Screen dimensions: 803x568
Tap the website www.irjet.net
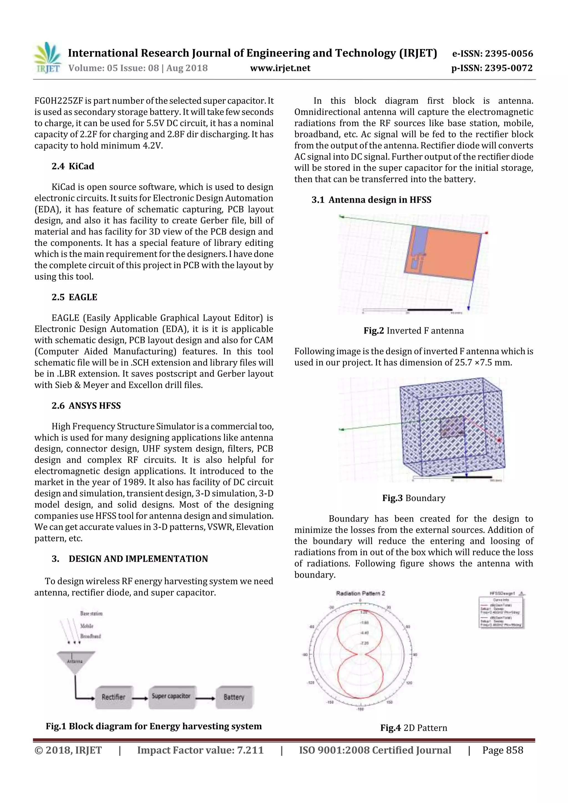pos(280,68)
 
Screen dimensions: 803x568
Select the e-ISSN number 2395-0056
pos(508,53)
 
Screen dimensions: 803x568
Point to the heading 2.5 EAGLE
pos(74,297)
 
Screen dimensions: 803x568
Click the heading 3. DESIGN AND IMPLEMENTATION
pos(130,559)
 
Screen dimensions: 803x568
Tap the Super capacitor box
pos(171,696)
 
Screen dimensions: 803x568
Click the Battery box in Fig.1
pos(234,697)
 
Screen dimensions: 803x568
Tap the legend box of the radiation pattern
pos(501,612)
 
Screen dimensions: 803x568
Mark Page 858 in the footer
pos(503,750)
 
